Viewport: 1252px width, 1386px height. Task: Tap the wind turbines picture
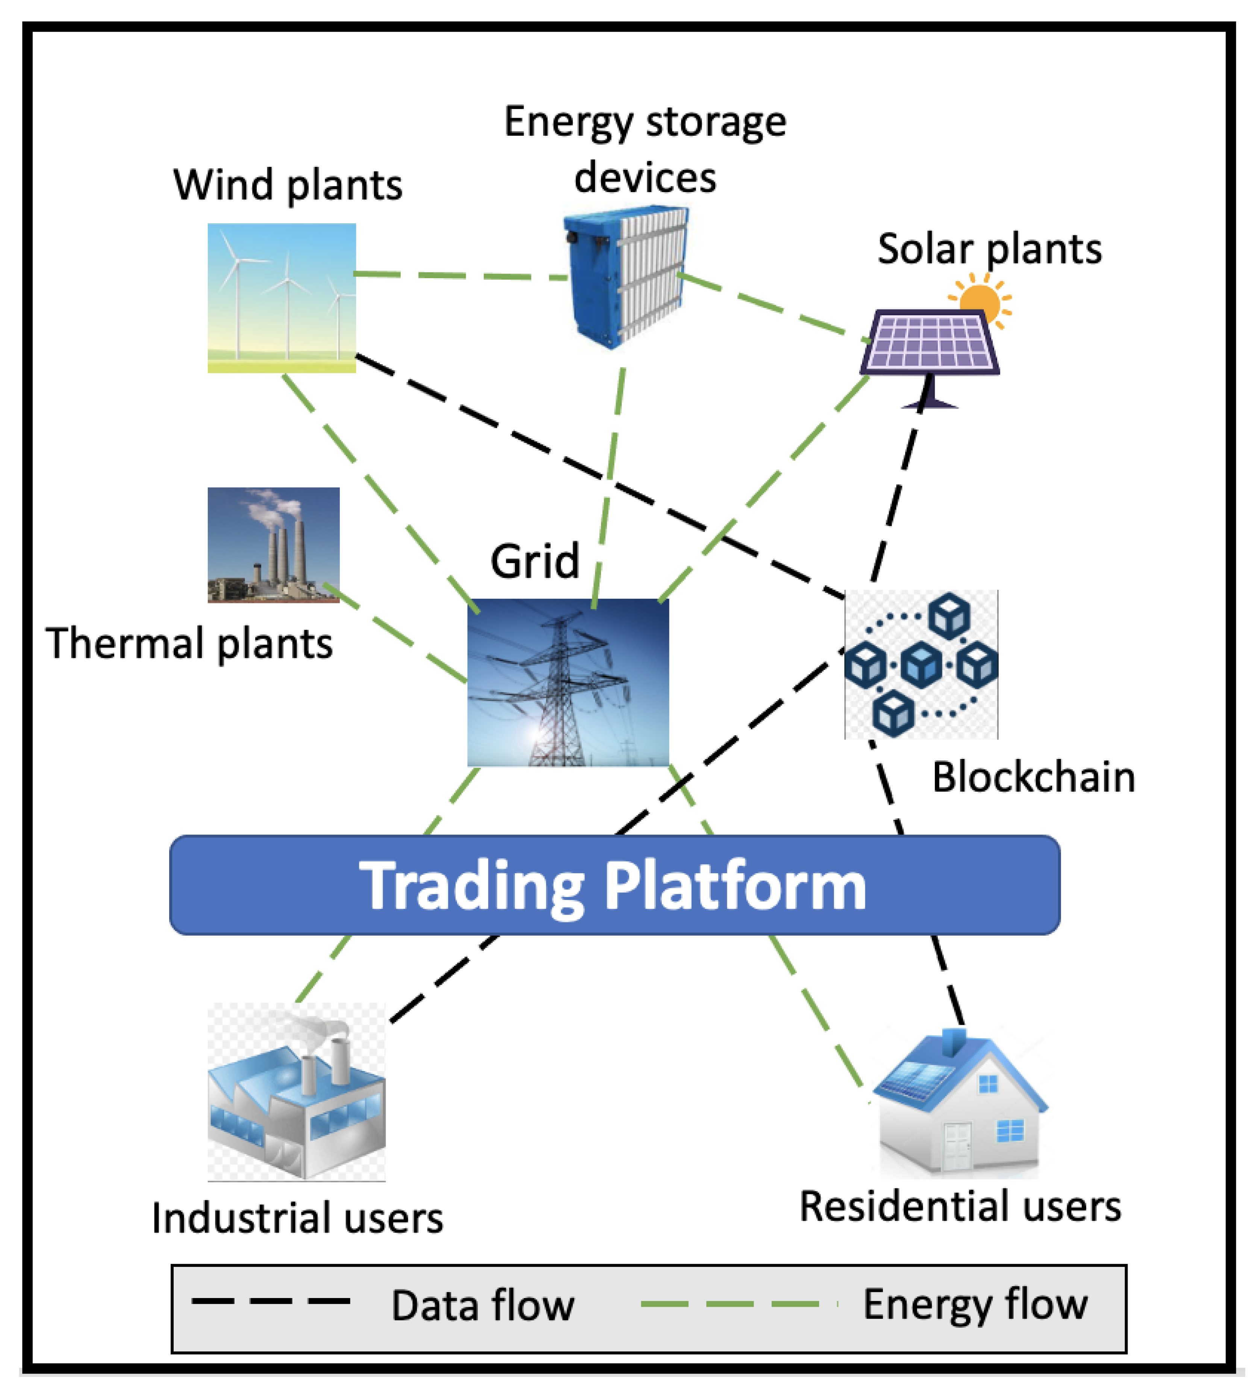pos(282,298)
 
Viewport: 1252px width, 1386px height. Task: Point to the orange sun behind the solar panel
pos(980,300)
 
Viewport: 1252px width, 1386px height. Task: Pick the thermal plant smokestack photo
pos(274,544)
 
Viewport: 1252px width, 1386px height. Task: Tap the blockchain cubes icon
pos(921,664)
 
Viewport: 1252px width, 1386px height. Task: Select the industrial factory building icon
pos(296,1092)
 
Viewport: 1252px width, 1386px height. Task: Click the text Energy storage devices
pos(645,149)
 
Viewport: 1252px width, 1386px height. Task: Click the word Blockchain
pos(1033,777)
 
